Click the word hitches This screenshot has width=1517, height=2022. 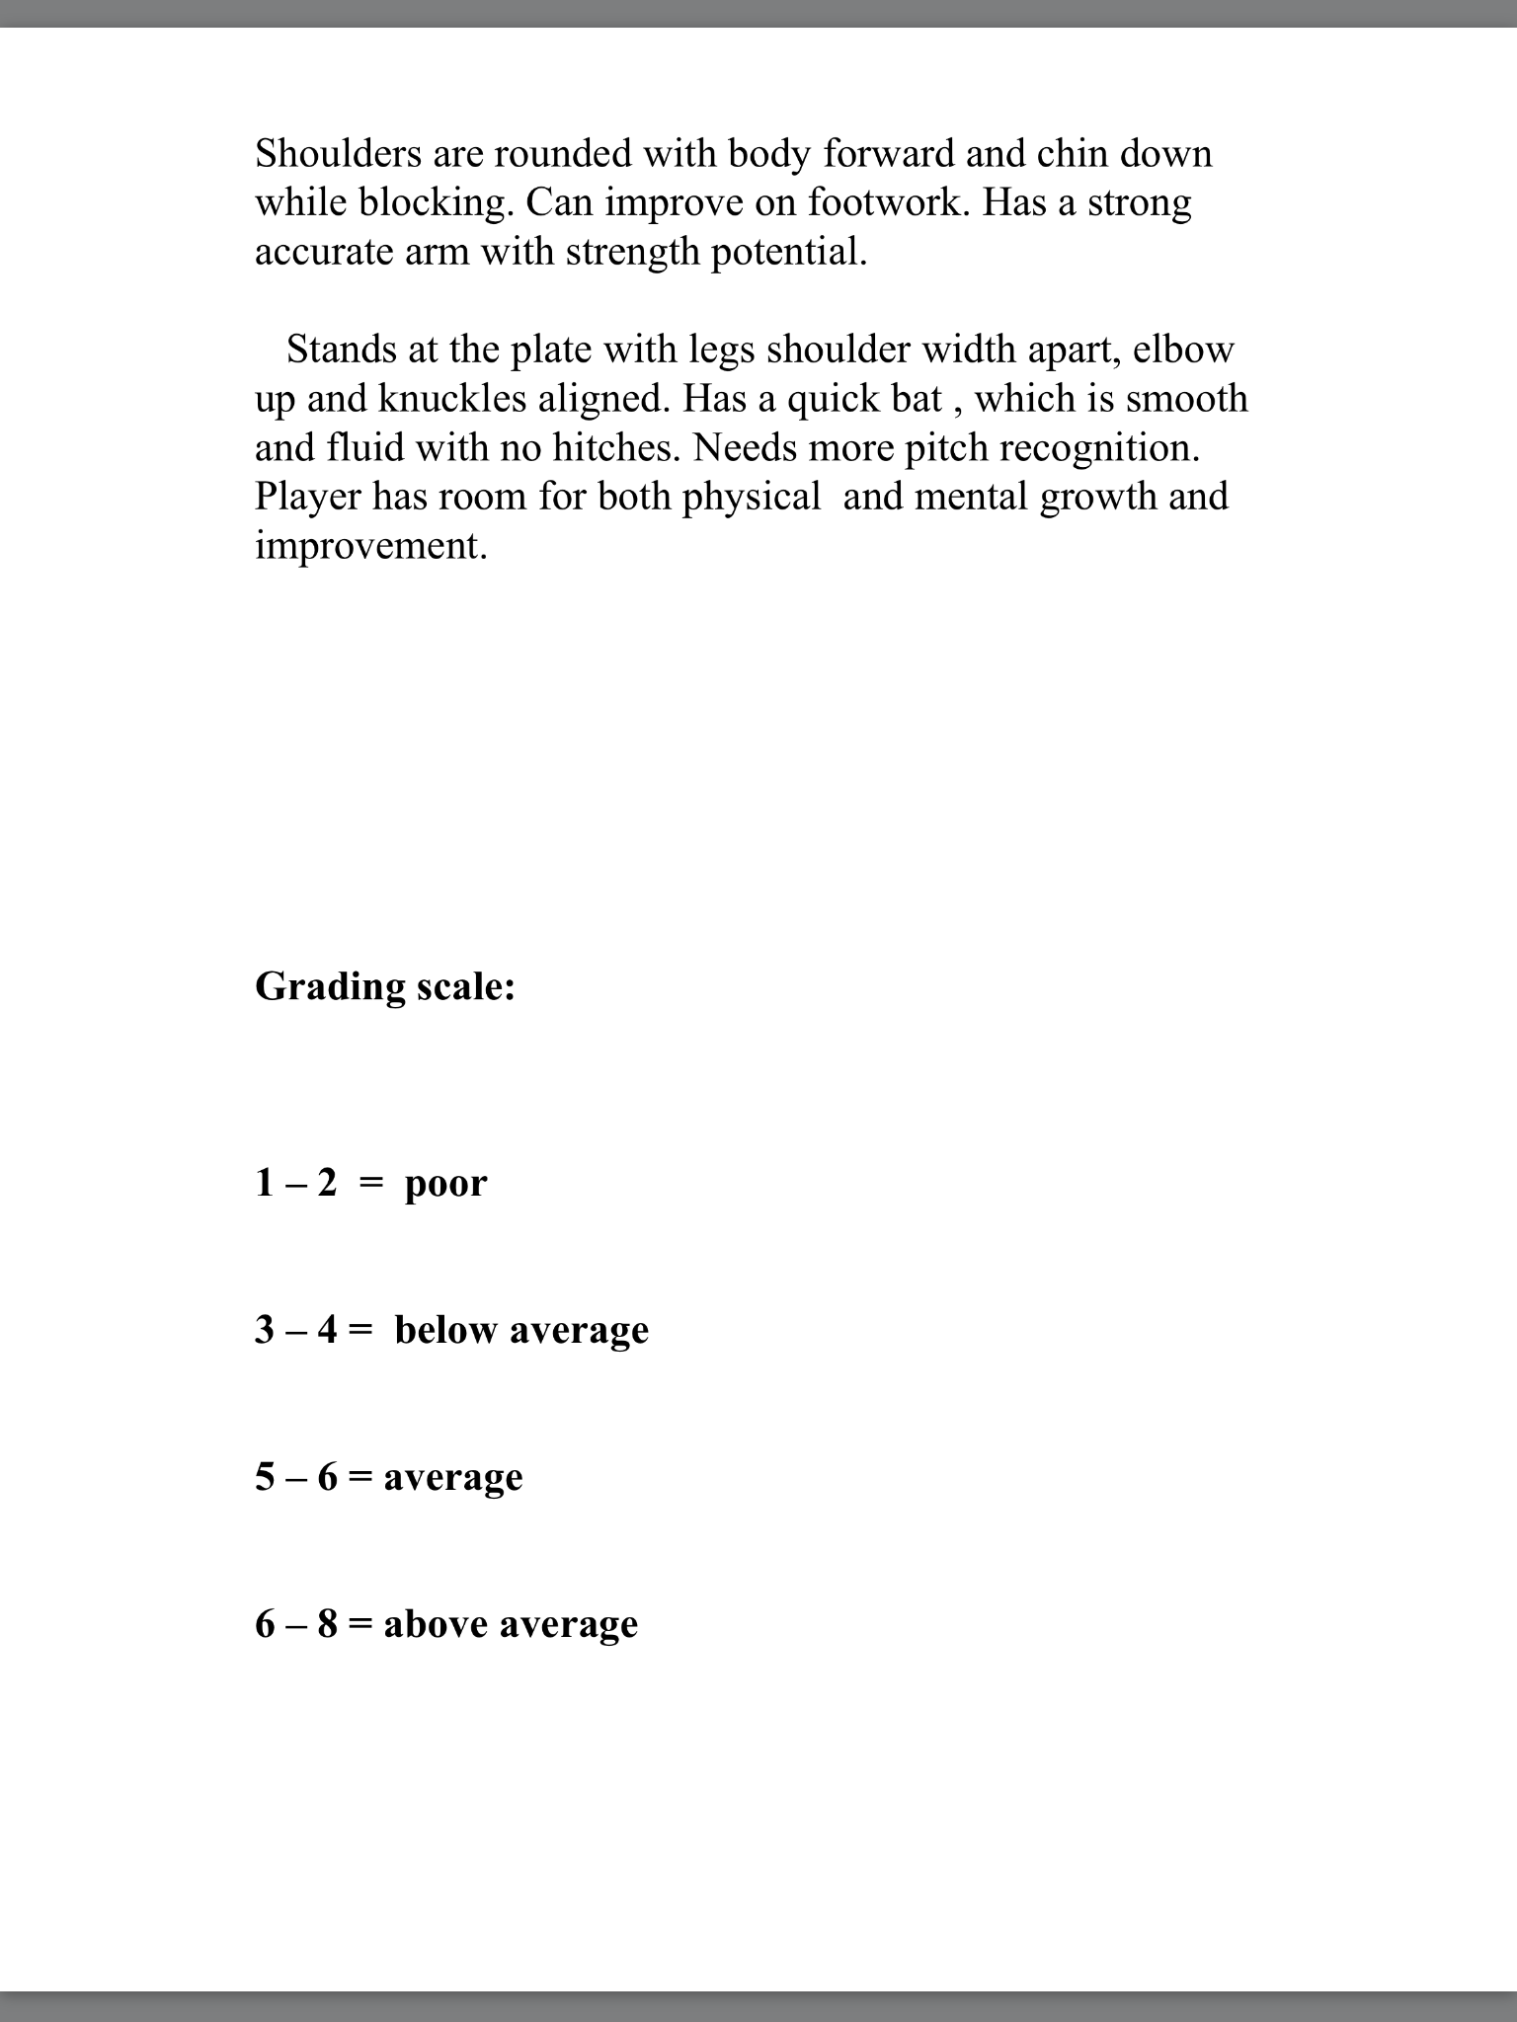pos(616,447)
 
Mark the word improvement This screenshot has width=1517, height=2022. pos(371,546)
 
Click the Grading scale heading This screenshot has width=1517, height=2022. pos(385,986)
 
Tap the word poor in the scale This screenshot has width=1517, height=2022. pos(445,1184)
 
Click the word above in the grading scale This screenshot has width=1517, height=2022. pos(435,1624)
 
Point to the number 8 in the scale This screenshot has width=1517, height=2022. pos(327,1624)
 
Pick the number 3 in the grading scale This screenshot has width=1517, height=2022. pos(265,1330)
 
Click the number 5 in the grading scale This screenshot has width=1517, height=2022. pos(265,1477)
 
